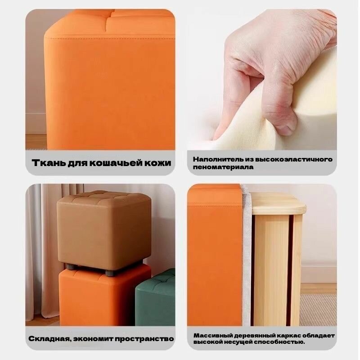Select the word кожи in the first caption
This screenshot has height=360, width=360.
(x=158, y=163)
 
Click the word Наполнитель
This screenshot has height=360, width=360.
(x=211, y=159)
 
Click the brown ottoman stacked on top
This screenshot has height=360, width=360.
(x=104, y=230)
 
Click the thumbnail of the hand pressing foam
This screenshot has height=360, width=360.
(x=262, y=80)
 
